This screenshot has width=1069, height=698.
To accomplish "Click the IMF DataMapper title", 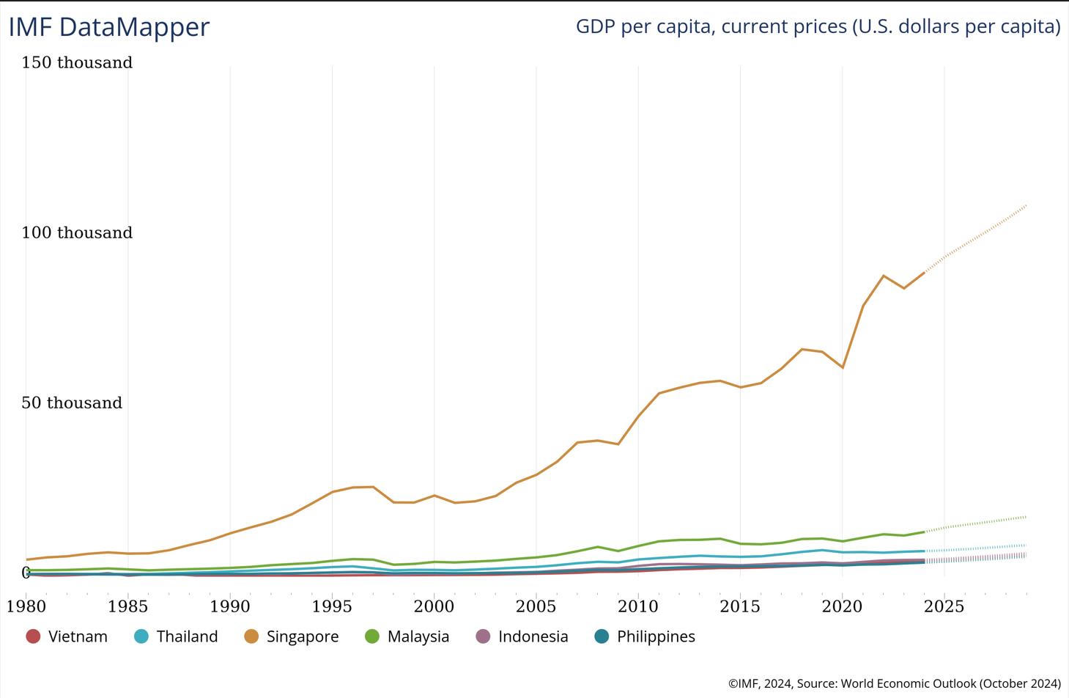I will [x=109, y=27].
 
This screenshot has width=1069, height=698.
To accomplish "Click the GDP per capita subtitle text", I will [x=818, y=26].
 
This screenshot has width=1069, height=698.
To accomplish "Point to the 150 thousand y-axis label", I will [x=77, y=63].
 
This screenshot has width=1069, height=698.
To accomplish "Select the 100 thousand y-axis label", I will [x=77, y=233].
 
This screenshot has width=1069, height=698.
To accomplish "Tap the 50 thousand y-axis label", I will [x=72, y=403].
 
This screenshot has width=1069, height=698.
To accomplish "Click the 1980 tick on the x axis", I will [x=26, y=606].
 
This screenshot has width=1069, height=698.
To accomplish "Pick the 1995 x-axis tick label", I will [x=332, y=606].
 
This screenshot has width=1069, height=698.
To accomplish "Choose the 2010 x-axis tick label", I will [x=638, y=606].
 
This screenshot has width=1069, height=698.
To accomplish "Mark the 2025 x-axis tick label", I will [x=944, y=606].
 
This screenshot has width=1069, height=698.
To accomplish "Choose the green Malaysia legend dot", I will [x=372, y=636].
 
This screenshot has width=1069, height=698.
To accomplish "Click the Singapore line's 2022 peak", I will [x=884, y=276].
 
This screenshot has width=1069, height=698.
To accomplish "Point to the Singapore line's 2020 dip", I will [x=843, y=367].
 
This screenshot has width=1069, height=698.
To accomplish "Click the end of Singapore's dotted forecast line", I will [x=1026, y=206].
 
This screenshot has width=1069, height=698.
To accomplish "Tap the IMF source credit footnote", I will [x=894, y=683].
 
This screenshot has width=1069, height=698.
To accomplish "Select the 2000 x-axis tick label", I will [x=434, y=606].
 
